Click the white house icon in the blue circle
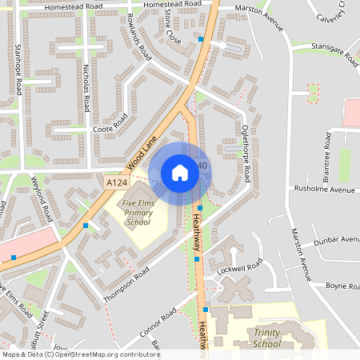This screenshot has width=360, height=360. (x=179, y=173)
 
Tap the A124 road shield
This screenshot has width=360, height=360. (x=116, y=183)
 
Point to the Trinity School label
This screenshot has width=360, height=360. (x=266, y=338)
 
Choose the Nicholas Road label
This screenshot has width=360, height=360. (x=82, y=88)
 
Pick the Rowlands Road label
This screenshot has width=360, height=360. (x=139, y=42)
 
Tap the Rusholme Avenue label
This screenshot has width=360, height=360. (x=324, y=190)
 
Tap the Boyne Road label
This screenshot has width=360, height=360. (x=341, y=286)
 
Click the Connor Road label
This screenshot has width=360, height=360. (x=157, y=324)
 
